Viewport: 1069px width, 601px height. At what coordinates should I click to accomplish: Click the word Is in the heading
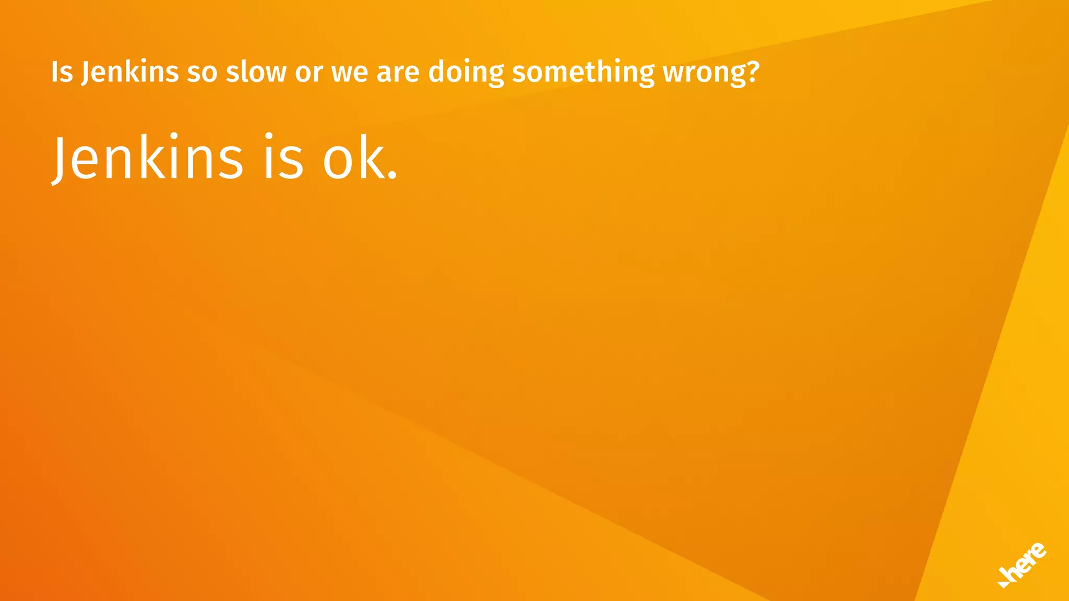62,72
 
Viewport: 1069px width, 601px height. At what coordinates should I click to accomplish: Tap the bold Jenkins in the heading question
129,72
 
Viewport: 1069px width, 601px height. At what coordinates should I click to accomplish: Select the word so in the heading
202,73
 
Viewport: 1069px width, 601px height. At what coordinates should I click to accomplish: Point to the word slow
256,72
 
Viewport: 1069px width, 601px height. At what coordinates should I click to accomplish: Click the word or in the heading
308,73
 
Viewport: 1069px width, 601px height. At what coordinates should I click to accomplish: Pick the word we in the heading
350,73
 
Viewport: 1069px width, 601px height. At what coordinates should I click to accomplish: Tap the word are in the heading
398,73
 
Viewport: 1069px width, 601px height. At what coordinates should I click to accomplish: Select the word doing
466,73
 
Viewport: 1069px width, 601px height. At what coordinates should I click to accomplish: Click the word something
583,73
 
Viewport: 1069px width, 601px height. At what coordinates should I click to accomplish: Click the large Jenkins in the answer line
148,157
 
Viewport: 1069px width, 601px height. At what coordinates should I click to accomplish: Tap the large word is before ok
283,157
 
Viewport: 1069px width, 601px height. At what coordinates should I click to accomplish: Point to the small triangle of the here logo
1003,583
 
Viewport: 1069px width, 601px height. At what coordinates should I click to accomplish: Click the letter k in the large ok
372,157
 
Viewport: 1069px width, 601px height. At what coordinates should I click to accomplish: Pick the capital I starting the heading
55,72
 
